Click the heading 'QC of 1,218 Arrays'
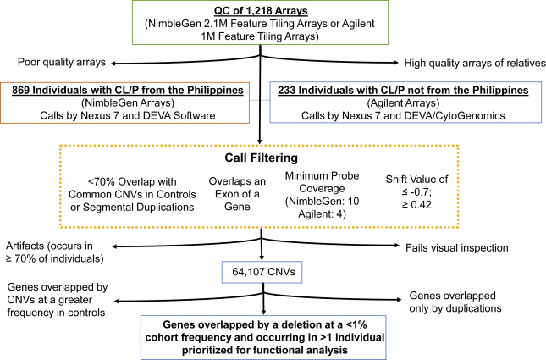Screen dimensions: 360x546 coord(273,12)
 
